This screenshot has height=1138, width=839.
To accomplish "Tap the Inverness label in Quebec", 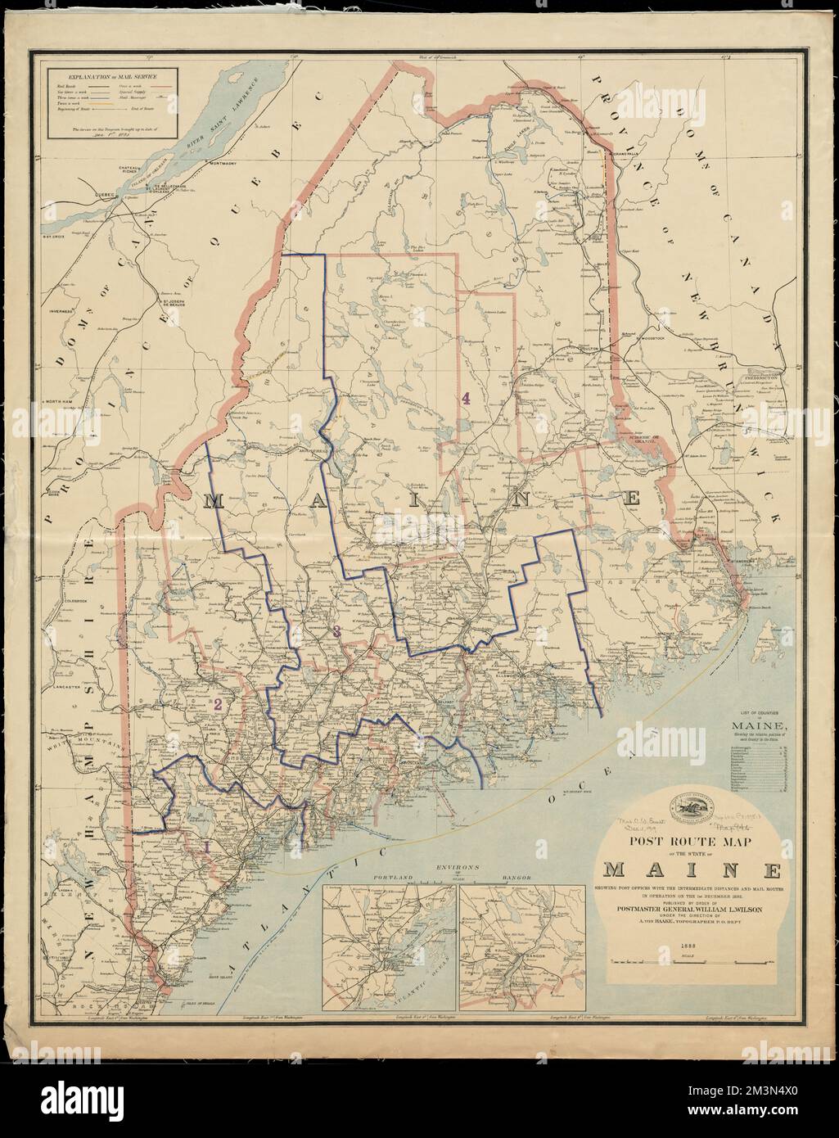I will (x=61, y=312).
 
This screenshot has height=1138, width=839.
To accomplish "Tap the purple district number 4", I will (x=466, y=399).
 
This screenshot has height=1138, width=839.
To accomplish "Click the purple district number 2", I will (x=218, y=703).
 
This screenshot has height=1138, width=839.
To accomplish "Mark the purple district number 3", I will (x=336, y=629).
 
